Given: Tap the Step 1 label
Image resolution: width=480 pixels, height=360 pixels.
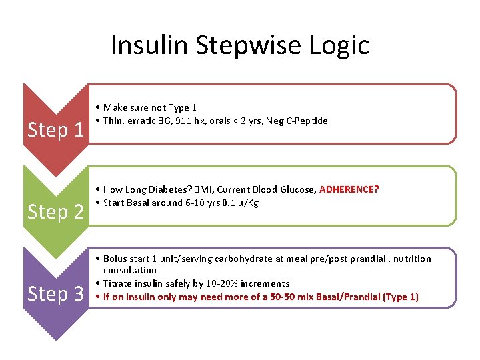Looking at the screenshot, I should pyautogui.click(x=55, y=129).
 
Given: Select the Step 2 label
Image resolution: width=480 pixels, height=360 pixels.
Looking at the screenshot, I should pyautogui.click(x=55, y=211).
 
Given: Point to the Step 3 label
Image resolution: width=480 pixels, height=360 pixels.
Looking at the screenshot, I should pyautogui.click(x=55, y=293).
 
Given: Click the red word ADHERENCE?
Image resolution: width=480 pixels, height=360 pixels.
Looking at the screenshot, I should pyautogui.click(x=349, y=189).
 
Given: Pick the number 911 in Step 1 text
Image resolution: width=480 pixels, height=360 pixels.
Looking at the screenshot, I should pyautogui.click(x=182, y=121).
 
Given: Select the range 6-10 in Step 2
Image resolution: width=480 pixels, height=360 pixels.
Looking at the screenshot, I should pyautogui.click(x=197, y=203).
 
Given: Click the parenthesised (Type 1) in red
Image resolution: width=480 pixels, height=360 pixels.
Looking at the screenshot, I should pyautogui.click(x=401, y=297).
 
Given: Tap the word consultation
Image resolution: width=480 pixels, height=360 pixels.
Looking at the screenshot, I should pyautogui.click(x=130, y=270).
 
